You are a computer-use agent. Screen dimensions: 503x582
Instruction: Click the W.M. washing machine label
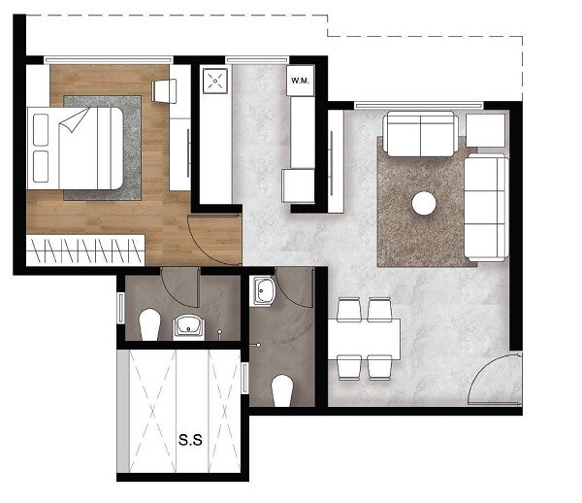coord(299,82)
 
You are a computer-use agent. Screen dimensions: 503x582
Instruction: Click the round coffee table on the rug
coord(424,203)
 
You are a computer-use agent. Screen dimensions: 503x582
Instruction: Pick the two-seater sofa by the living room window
coord(421,133)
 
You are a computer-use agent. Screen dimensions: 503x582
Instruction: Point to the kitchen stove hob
coord(213,81)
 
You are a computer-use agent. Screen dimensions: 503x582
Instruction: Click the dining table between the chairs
coord(364,338)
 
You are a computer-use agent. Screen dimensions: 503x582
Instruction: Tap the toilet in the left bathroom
coord(149,324)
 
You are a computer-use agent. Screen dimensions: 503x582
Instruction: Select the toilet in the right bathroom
coord(283,390)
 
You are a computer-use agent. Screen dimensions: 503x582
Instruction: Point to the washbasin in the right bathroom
coord(264,290)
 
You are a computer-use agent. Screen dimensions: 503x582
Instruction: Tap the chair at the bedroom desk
coord(165,90)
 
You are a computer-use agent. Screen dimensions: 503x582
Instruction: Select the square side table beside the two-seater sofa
coord(485,130)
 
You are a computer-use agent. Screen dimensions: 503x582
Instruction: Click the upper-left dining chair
coord(348,310)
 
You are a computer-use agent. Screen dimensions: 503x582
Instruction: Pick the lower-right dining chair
coord(378,367)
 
